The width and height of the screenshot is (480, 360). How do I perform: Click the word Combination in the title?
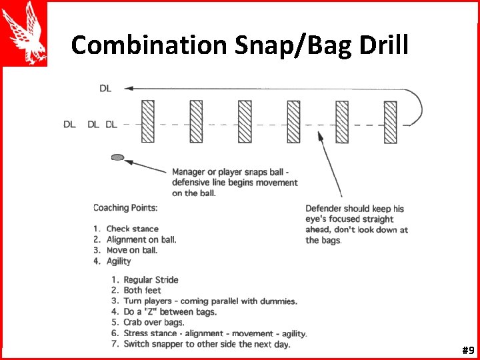point(150,45)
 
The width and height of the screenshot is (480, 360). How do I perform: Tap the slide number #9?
point(467,350)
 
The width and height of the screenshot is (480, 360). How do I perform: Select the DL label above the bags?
point(105,87)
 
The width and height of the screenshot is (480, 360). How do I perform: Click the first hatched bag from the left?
point(147,121)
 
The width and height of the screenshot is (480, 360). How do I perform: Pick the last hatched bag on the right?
point(390,121)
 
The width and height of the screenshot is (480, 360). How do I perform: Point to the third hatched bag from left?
point(245,121)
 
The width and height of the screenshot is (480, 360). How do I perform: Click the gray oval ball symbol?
point(117,157)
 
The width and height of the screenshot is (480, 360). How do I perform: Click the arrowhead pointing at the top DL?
point(128,87)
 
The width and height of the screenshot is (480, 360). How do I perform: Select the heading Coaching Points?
point(125,208)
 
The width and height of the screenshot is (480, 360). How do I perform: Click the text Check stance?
point(132,229)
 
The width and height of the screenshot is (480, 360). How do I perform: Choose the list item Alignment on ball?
point(141,239)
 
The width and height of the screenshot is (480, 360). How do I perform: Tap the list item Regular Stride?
point(151,280)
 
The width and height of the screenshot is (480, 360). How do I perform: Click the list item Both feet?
point(142,291)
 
